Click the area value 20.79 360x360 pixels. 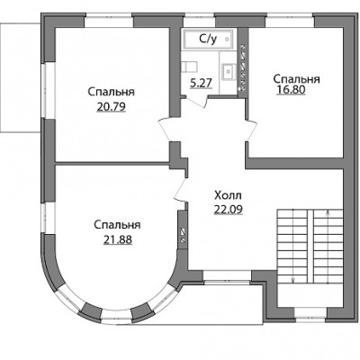pos(111,107)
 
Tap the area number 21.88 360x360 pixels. pos(118,239)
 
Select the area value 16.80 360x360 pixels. pos(291,90)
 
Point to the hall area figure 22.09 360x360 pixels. pos(228,210)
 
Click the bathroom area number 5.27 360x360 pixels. pos(202,83)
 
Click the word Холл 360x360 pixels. pos(228,196)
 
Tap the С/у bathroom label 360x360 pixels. pos(208,39)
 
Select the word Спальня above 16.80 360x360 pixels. pos(296,79)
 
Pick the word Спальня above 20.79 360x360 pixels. pos(111,92)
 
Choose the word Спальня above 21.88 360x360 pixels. pos(117,225)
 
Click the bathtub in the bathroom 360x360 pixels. pos(209,39)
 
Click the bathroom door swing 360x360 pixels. pos(196,101)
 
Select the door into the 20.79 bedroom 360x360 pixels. pos(165,129)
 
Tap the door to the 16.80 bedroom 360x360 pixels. pos(252,130)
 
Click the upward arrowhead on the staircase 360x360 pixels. pos(328,213)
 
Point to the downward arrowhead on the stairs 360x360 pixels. pos(293,280)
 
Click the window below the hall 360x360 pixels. pos(227,276)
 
